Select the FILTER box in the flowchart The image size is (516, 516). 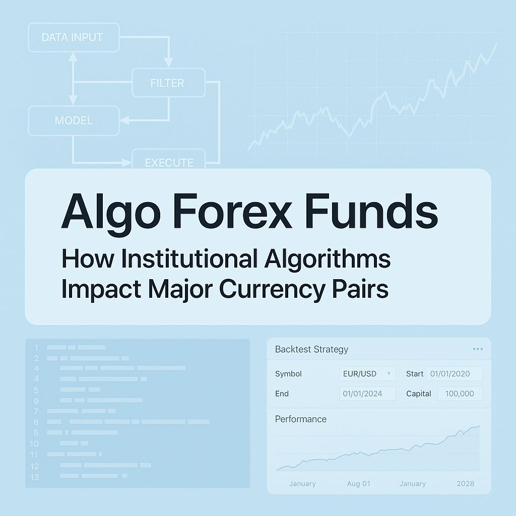coord(168,83)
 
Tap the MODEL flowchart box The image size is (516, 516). coord(74,120)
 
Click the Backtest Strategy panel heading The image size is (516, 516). coord(311,349)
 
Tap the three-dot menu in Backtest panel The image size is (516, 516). coord(478,349)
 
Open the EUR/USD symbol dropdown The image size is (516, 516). coord(366,374)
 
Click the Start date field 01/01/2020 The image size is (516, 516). coord(454,374)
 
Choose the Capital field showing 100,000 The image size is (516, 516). coord(460,394)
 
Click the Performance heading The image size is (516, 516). coord(300,419)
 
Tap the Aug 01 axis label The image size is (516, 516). coord(358,483)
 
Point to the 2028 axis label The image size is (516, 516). coord(465,483)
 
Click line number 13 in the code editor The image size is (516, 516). coord(34,477)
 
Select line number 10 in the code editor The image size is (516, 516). coord(34,444)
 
